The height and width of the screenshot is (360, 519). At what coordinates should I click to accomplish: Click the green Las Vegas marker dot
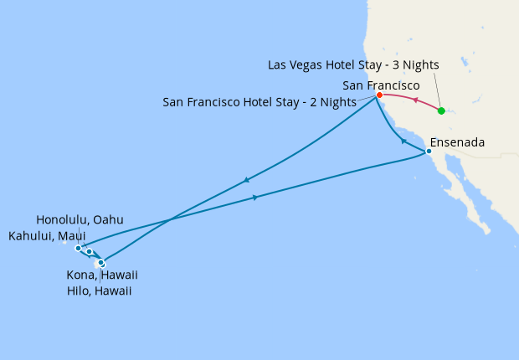click(441, 111)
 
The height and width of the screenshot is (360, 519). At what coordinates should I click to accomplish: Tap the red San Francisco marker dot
click(379, 95)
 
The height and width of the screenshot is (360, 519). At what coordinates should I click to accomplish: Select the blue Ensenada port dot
click(429, 152)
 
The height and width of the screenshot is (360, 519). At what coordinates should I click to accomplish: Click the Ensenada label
click(457, 142)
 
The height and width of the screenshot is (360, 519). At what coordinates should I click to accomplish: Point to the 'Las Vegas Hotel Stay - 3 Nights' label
click(353, 64)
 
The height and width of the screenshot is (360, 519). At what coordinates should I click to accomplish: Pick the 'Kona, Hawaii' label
click(102, 275)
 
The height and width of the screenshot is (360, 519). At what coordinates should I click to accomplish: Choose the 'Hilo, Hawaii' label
click(99, 291)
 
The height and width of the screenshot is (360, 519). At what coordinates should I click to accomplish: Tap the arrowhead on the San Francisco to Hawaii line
click(246, 179)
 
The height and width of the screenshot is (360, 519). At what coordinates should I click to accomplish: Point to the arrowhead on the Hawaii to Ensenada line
click(255, 198)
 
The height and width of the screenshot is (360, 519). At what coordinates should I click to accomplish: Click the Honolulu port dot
click(78, 249)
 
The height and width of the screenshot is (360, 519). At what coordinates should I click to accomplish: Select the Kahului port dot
click(90, 252)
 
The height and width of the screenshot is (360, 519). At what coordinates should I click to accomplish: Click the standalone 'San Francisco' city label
click(381, 85)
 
